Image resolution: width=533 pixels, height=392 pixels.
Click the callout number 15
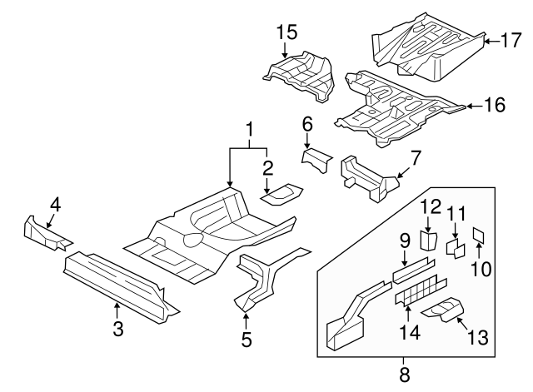pos(286,32)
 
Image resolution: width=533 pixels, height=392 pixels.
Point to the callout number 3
pos(117,329)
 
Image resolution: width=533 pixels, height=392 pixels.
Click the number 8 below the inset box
pos(405,375)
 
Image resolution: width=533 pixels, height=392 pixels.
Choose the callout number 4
pos(55,204)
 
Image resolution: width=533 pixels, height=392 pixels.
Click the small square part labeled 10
pos(479,235)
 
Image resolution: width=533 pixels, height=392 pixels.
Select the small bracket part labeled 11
pos(456,247)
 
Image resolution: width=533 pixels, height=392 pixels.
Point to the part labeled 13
pos(444,311)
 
